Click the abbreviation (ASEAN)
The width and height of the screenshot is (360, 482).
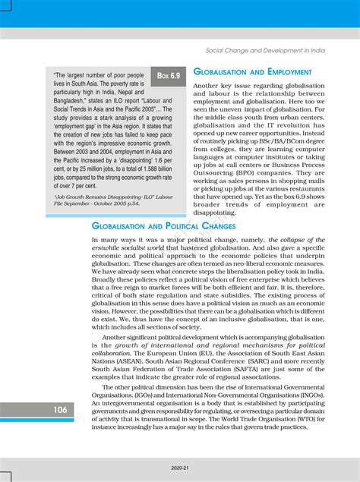pyautogui.click(x=125, y=360)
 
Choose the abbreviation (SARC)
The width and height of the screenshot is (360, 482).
pyautogui.click(x=255, y=360)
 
